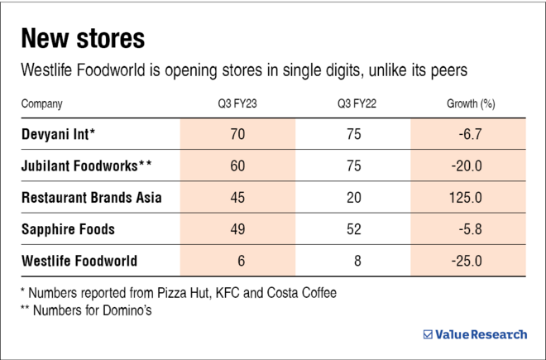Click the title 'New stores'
tap(83, 38)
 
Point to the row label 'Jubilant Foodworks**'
tap(87, 166)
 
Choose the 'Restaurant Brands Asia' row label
tap(92, 198)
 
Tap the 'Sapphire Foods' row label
tap(69, 229)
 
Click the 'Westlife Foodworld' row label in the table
tap(79, 261)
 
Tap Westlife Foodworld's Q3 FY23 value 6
tap(240, 261)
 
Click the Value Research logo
tap(475, 334)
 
